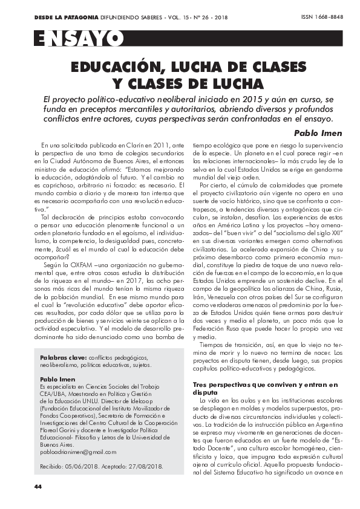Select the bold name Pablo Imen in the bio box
point(56,378)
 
